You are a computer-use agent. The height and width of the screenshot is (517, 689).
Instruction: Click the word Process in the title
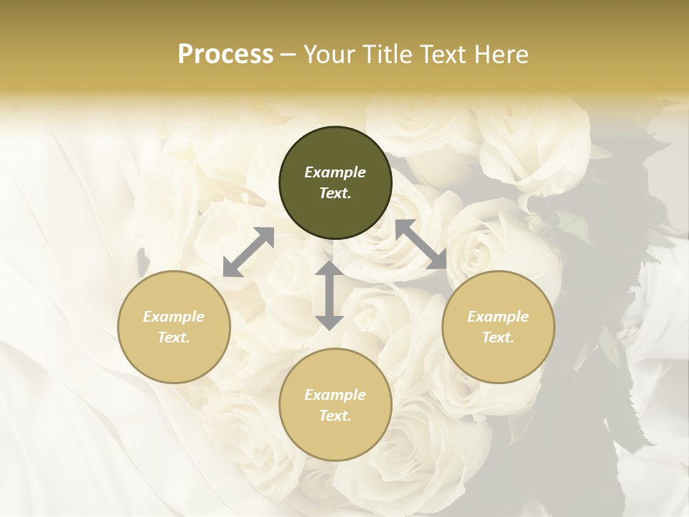point(225,55)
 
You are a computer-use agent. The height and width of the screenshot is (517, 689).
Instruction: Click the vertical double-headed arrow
point(329,295)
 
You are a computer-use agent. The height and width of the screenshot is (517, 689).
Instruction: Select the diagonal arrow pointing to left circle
point(248,252)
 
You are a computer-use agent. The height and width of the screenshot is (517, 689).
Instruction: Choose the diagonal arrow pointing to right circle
point(421,244)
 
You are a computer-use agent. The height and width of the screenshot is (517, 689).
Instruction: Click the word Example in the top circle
point(335,172)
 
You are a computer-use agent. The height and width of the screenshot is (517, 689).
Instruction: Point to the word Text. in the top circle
point(335,193)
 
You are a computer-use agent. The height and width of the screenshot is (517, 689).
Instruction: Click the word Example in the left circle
point(174,317)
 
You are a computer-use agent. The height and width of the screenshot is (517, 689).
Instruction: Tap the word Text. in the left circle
point(174,337)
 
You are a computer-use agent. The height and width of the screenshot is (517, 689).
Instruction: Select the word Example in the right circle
point(498,317)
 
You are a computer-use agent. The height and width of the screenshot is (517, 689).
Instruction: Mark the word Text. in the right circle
point(498,337)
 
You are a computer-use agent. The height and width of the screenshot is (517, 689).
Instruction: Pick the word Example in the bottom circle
point(335,395)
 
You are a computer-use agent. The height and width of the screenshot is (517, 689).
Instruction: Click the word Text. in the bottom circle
point(335,416)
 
